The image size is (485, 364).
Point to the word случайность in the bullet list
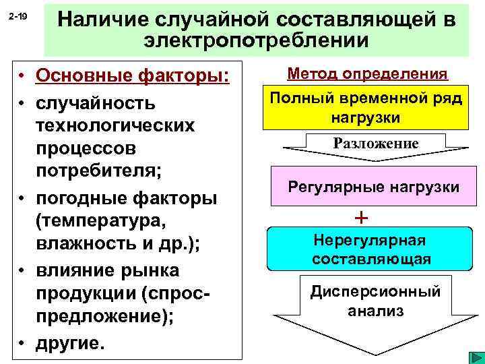coord(96,104)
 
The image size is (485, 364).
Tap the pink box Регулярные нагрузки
coord(373,187)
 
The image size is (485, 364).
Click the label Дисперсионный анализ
coord(375,301)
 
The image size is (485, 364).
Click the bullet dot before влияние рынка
coord(23,270)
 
